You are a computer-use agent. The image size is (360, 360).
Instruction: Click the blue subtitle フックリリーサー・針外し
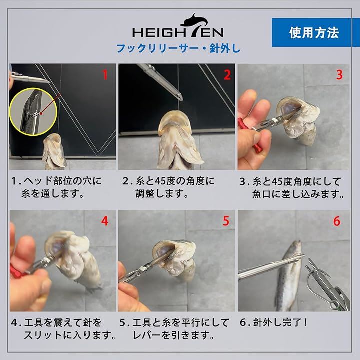point(178,49)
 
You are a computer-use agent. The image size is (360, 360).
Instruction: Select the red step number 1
point(105,75)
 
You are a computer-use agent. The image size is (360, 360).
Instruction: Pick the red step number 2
point(227,75)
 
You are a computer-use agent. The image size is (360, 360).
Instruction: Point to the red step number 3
point(339,75)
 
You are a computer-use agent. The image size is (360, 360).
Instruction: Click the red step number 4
point(105,221)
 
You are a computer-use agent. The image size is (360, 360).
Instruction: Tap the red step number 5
point(226,221)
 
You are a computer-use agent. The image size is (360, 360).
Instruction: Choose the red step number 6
point(337,221)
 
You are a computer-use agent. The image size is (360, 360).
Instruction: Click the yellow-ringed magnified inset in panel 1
point(33,112)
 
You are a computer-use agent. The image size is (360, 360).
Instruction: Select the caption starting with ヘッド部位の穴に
point(56,187)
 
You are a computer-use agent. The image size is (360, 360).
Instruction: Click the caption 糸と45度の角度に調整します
point(168,187)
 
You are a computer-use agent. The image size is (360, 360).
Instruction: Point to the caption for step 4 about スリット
point(63,329)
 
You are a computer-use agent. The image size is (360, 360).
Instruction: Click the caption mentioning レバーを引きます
point(174,329)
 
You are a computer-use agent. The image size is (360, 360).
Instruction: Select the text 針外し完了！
point(273,323)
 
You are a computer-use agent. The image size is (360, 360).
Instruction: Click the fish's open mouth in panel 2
point(175,121)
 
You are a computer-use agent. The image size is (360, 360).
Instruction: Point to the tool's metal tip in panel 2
point(180,98)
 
